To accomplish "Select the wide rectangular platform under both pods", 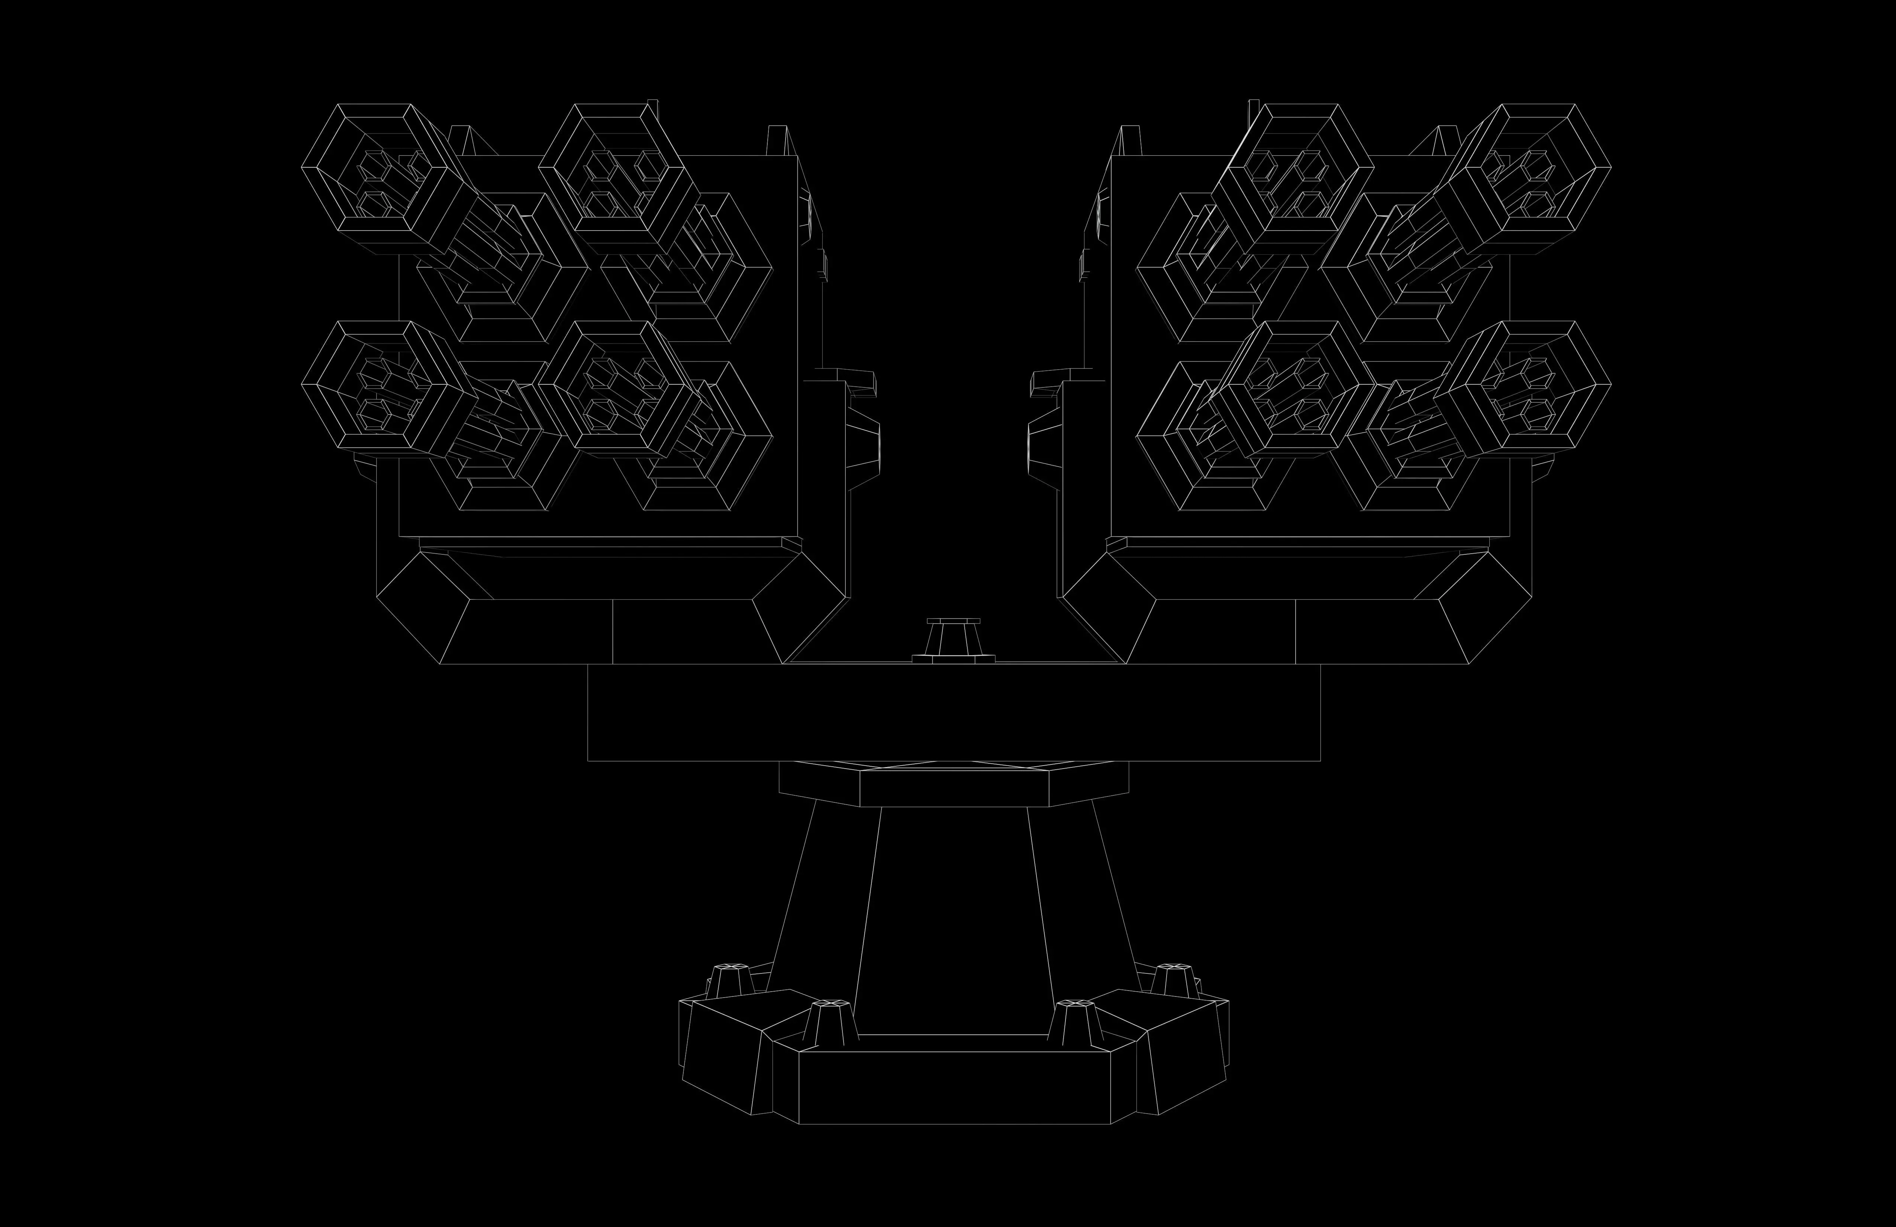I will click(x=954, y=712).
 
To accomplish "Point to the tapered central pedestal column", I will click(x=954, y=916).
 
